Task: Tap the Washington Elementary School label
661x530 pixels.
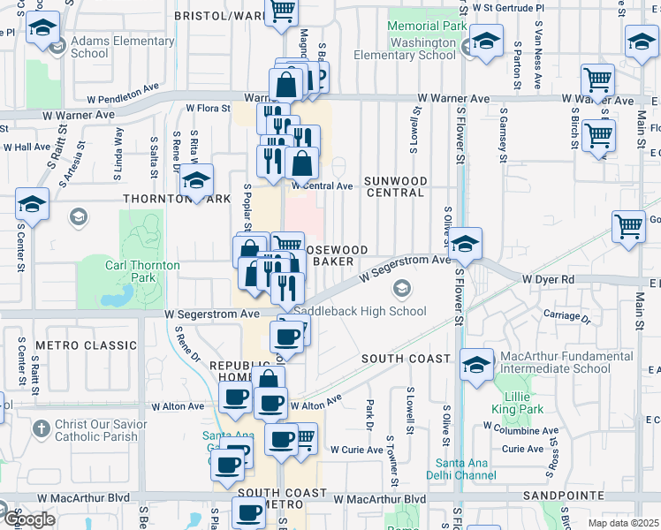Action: pyautogui.click(x=405, y=48)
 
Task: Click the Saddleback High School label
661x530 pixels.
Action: pyautogui.click(x=361, y=311)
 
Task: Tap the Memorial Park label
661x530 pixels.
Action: pyautogui.click(x=427, y=26)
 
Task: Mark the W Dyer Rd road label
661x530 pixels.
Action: pyautogui.click(x=548, y=279)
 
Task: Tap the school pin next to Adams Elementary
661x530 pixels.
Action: pyautogui.click(x=42, y=28)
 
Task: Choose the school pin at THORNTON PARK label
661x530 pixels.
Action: pyautogui.click(x=196, y=181)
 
